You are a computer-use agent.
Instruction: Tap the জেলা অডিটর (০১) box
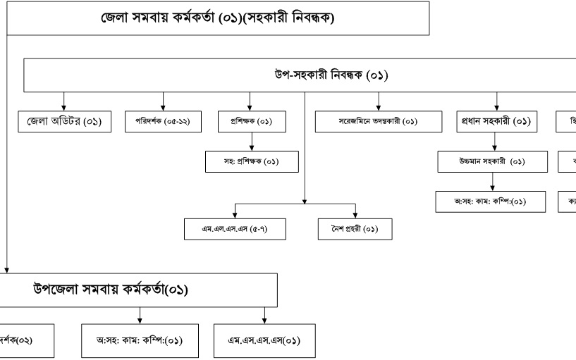(x=64, y=122)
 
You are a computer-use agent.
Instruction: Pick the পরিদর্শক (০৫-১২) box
(x=163, y=122)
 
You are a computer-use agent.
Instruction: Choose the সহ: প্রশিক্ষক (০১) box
(x=251, y=161)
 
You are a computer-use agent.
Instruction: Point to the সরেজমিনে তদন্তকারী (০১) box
(x=367, y=122)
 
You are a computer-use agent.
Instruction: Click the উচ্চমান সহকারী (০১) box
(x=491, y=161)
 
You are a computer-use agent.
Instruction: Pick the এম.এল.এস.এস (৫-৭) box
(x=233, y=230)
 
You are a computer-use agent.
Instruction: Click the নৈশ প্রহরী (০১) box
(x=355, y=230)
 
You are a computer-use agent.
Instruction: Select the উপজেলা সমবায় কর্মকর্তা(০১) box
(x=141, y=290)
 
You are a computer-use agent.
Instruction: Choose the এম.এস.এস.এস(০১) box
(x=264, y=341)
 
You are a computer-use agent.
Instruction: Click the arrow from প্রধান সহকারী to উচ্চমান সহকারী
(x=494, y=142)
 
